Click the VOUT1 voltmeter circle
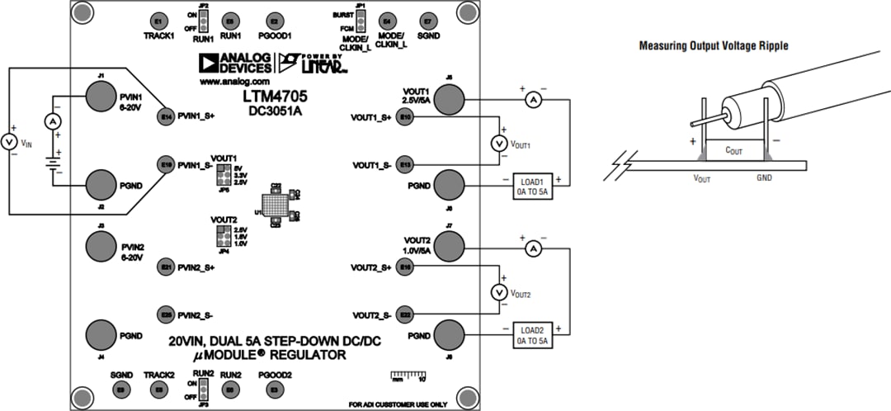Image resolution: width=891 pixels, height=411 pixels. [497, 144]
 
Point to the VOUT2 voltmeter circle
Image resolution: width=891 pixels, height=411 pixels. [497, 291]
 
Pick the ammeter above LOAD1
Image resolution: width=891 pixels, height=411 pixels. [532, 100]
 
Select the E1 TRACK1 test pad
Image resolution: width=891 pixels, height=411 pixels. [158, 21]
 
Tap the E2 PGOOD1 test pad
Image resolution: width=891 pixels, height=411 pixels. [274, 21]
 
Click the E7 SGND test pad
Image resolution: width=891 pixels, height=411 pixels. [427, 21]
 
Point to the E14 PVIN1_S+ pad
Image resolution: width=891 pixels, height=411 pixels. [166, 117]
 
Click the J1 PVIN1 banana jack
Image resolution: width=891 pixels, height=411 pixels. [101, 99]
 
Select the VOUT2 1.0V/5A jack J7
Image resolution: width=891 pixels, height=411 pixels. [450, 245]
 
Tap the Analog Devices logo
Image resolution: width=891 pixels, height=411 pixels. [233, 64]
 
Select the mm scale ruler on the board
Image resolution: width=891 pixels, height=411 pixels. [408, 376]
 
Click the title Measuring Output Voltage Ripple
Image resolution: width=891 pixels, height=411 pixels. [714, 46]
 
